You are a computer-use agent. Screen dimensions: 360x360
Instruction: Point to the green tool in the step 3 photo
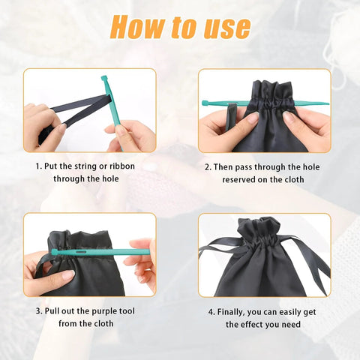(97, 253)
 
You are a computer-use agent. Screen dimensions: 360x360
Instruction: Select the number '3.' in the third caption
(38, 311)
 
